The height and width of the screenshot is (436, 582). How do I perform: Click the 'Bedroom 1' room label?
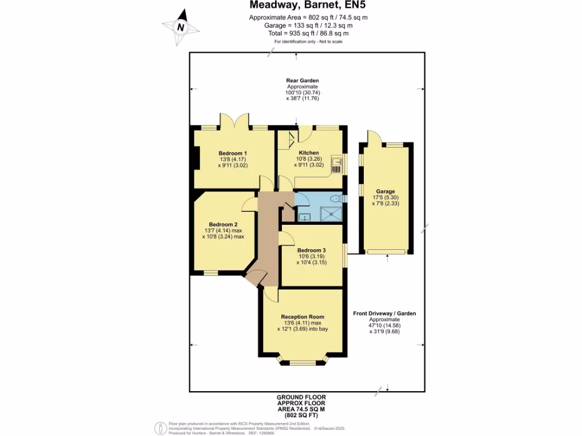point(233,153)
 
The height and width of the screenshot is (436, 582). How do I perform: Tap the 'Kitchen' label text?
point(309,153)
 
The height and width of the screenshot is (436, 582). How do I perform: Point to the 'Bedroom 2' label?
point(223,224)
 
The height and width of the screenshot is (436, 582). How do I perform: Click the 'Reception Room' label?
point(302,317)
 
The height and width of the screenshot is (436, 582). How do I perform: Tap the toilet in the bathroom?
point(337,198)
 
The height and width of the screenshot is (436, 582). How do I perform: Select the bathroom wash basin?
point(303,216)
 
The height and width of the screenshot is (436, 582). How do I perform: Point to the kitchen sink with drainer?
point(338,165)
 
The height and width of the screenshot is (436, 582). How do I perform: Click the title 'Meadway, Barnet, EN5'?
point(308,6)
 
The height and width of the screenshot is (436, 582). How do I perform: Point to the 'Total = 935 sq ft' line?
point(308,33)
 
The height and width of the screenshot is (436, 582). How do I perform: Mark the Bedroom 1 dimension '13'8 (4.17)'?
point(233,160)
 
